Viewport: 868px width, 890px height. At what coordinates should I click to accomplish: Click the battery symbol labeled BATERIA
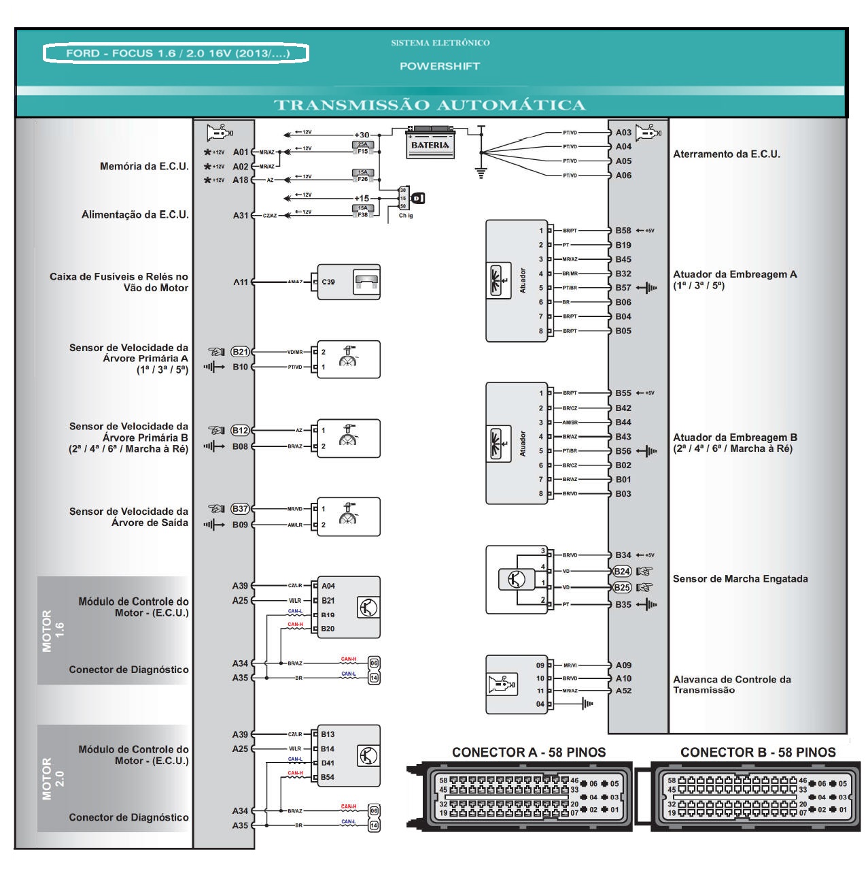(x=430, y=143)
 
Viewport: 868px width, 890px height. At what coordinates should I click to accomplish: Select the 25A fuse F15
(x=363, y=148)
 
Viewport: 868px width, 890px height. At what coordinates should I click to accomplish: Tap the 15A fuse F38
(x=363, y=212)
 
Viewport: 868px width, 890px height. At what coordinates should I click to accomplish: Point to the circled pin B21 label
(x=241, y=352)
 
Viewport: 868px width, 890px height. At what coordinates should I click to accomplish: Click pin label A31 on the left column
(x=241, y=215)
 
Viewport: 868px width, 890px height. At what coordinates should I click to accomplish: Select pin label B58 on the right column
(x=623, y=231)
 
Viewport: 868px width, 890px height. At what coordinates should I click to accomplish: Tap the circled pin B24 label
(x=622, y=572)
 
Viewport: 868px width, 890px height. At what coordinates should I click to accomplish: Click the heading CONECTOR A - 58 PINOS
(x=529, y=752)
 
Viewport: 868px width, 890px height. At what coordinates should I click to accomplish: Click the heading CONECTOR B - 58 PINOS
(x=758, y=752)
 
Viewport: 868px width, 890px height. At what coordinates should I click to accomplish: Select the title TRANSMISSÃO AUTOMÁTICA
(x=430, y=105)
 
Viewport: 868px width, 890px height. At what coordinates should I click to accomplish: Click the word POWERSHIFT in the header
(x=440, y=66)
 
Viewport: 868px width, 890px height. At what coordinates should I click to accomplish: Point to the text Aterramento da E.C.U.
(x=727, y=154)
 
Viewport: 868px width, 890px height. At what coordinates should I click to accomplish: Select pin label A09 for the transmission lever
(x=623, y=665)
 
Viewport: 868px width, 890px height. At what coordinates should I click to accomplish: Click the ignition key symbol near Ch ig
(x=417, y=198)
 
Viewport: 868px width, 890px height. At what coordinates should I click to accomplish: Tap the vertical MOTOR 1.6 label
(x=52, y=631)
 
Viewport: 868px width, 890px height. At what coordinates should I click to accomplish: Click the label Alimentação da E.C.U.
(x=135, y=215)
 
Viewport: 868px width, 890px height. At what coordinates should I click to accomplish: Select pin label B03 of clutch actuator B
(x=623, y=493)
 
